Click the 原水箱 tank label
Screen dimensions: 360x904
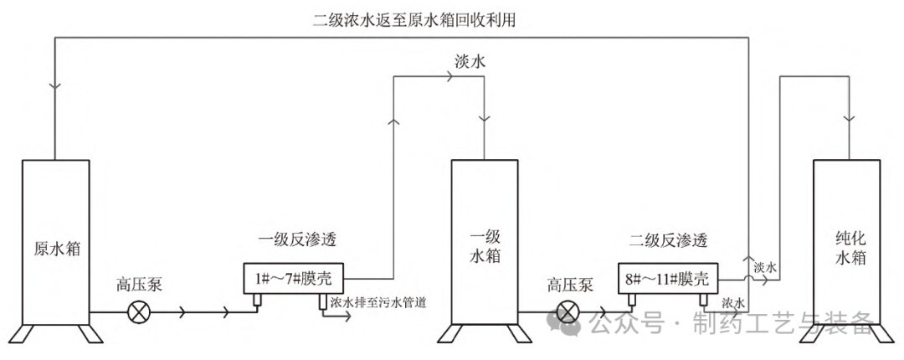click(x=54, y=249)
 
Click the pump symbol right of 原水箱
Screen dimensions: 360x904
click(x=138, y=313)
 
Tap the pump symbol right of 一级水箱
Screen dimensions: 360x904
click(x=568, y=313)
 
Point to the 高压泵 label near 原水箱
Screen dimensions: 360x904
click(x=139, y=285)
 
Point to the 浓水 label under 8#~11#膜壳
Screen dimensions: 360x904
click(x=734, y=301)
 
